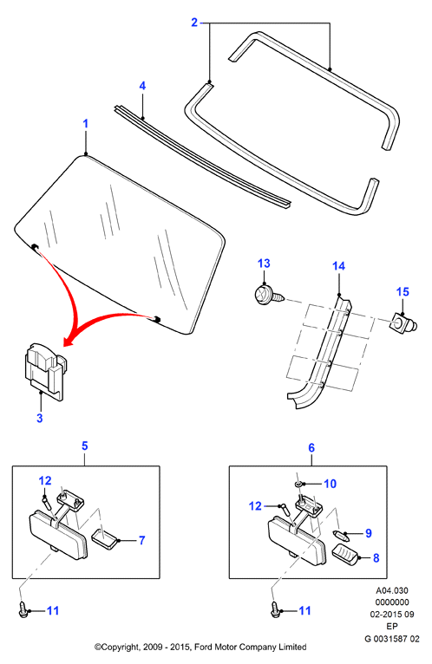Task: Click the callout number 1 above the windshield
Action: coord(86,124)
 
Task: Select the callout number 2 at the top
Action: coord(194,23)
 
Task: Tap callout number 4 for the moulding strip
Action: coord(142,86)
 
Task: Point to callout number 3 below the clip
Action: coord(39,418)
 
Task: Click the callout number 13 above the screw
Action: coord(264,264)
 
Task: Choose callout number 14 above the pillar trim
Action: coord(338,266)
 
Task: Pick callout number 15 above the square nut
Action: coord(403,292)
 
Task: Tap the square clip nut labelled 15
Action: coord(403,325)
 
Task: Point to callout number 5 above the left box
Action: coord(85,446)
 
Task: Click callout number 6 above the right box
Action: coord(311,447)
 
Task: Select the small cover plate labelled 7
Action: coord(104,537)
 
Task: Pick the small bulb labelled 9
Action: coord(340,535)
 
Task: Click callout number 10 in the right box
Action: coord(330,484)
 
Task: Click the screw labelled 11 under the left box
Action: coord(23,609)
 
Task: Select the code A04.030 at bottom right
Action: coord(392,590)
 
